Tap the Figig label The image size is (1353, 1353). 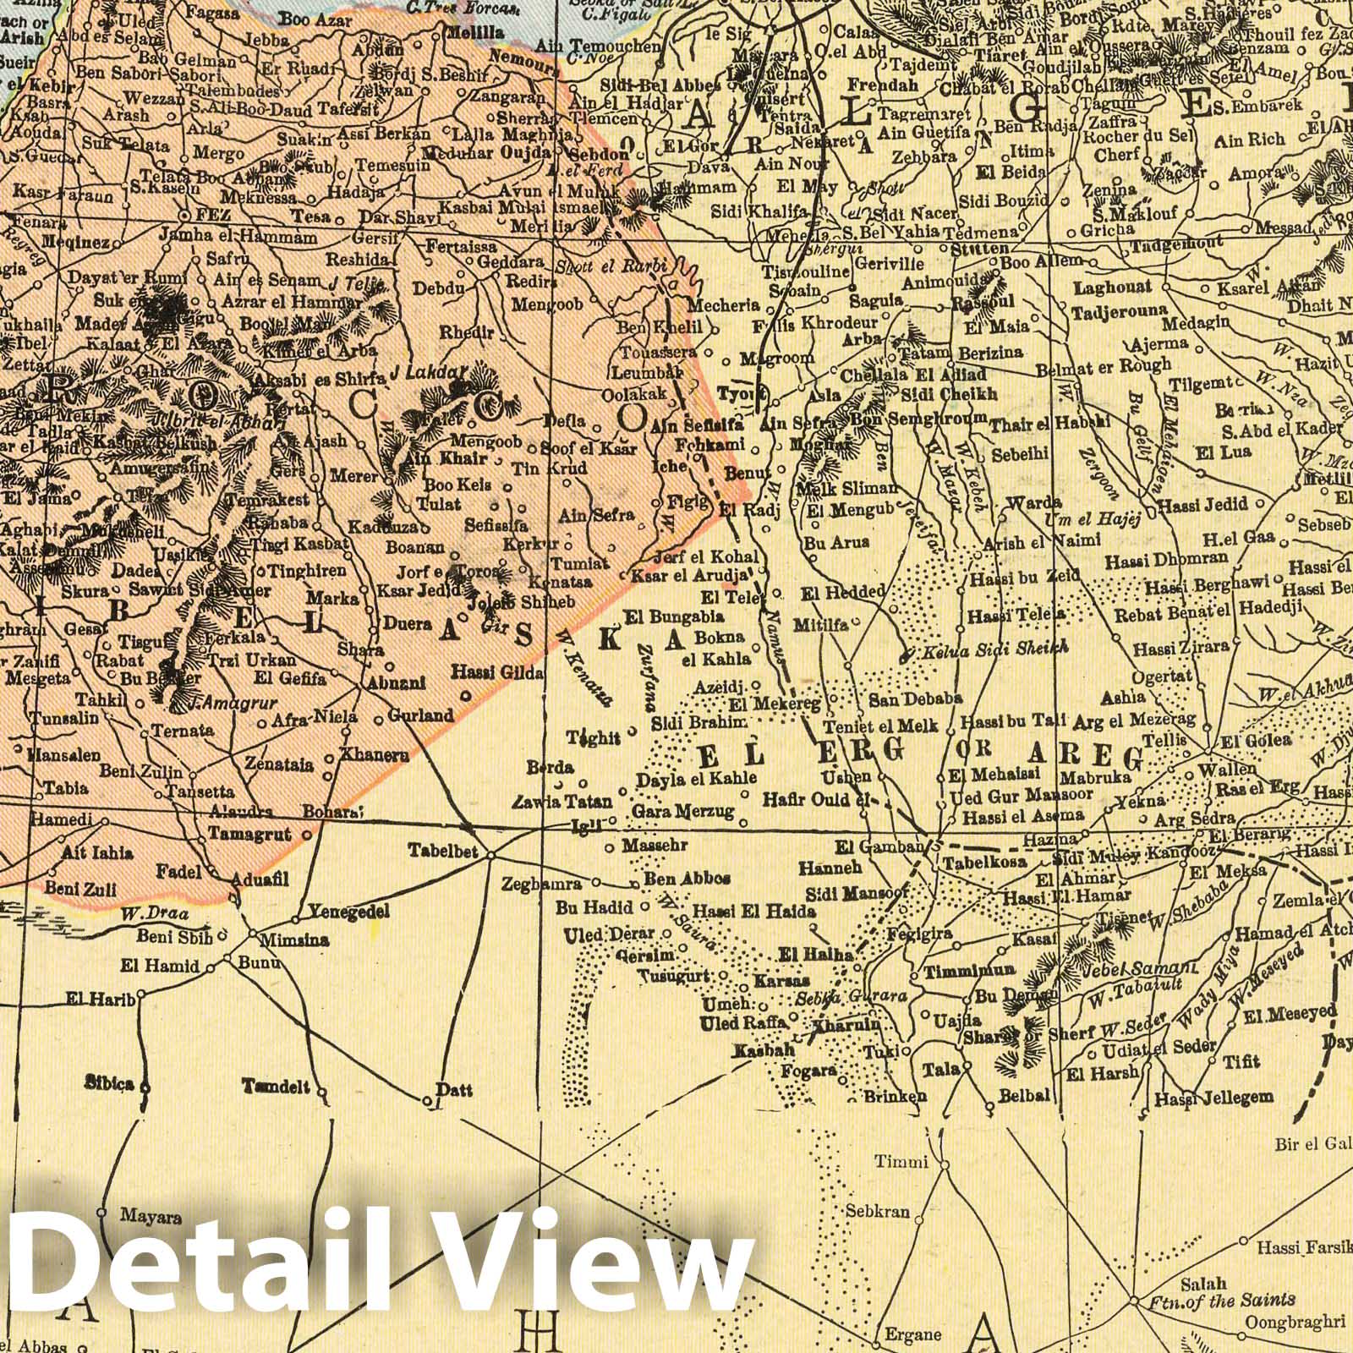click(687, 501)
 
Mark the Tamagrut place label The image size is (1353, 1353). click(249, 835)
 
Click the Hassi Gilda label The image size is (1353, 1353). click(498, 673)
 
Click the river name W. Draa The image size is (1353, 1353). click(141, 913)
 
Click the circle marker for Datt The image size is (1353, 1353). click(427, 1101)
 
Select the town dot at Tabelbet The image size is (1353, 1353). click(491, 855)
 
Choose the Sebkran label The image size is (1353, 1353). click(877, 1212)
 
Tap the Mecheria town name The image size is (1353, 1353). click(720, 305)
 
